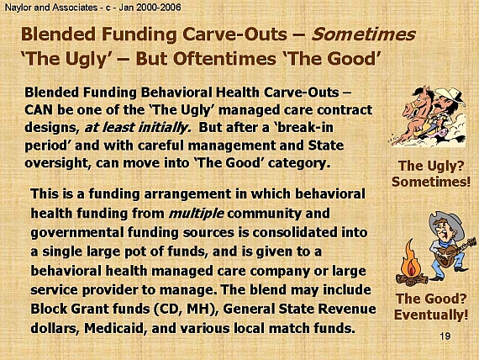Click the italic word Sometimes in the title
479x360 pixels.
pos(363,34)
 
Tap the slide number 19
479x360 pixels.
pos(445,336)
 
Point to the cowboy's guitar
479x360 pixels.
pos(455,251)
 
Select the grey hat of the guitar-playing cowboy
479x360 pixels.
pos(446,222)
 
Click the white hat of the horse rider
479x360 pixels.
pos(450,95)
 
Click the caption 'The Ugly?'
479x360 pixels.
pos(431,166)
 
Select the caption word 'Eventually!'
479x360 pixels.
pos(431,315)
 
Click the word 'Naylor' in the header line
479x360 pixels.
pos(18,8)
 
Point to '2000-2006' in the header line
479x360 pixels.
pos(159,8)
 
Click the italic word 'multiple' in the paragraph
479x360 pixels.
pos(197,213)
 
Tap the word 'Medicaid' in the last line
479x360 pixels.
pos(114,328)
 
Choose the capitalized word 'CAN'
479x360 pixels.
pos(39,110)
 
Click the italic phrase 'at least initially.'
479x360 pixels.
pos(138,127)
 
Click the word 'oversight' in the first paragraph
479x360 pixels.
pos(58,162)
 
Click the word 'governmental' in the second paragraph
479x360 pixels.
pos(77,233)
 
